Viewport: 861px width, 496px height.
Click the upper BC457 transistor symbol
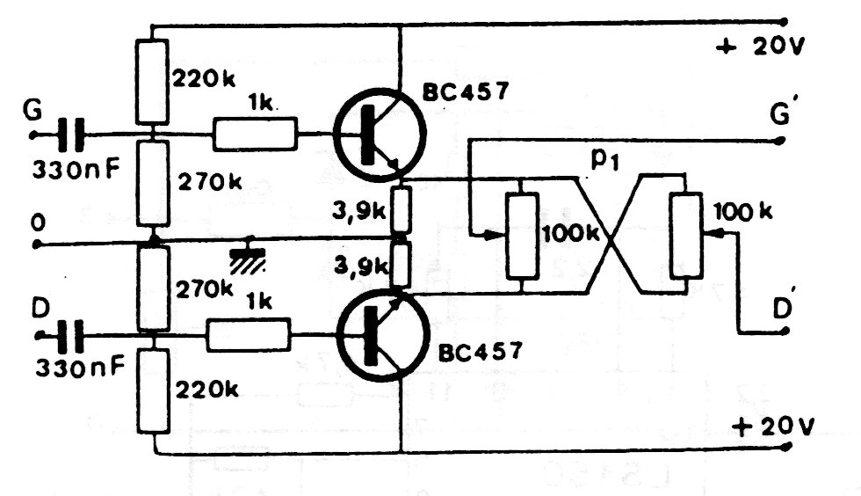click(380, 135)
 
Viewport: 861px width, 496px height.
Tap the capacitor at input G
click(71, 135)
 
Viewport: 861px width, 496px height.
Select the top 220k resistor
click(151, 82)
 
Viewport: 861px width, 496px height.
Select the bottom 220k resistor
click(153, 390)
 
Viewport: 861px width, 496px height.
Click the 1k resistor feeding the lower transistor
click(248, 334)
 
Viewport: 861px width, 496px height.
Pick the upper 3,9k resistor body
click(401, 209)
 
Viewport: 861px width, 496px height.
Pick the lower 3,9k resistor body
click(401, 266)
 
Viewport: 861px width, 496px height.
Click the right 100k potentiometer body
click(686, 235)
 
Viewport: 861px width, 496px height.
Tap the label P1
click(604, 160)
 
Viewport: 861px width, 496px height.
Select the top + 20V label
click(760, 47)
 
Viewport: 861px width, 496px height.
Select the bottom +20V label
click(774, 427)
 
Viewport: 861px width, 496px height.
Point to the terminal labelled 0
click(37, 244)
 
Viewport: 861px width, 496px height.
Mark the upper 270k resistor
click(152, 183)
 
